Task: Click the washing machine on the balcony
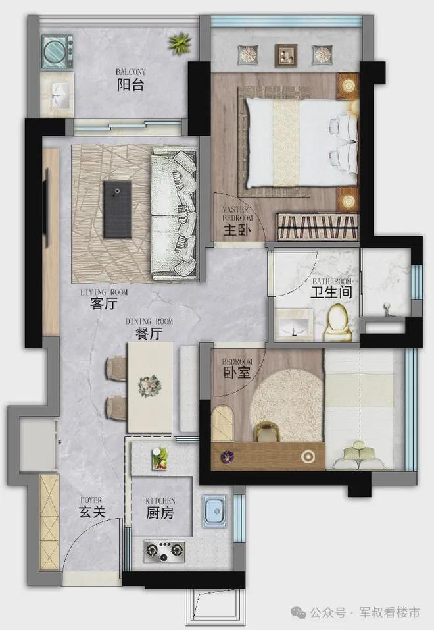(57, 51)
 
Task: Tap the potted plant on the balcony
(180, 43)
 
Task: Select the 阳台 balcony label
(130, 85)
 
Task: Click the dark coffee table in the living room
(117, 209)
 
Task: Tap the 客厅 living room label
(104, 303)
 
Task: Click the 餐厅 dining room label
(149, 333)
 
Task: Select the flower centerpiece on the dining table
(150, 386)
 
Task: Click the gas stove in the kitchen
(164, 551)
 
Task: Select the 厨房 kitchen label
(160, 513)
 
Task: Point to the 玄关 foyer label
(91, 512)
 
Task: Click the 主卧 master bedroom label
(237, 230)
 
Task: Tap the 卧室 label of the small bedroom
(237, 373)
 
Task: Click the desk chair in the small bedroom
(266, 431)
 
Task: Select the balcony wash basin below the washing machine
(57, 95)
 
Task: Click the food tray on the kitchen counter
(160, 458)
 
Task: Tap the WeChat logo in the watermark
(299, 613)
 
